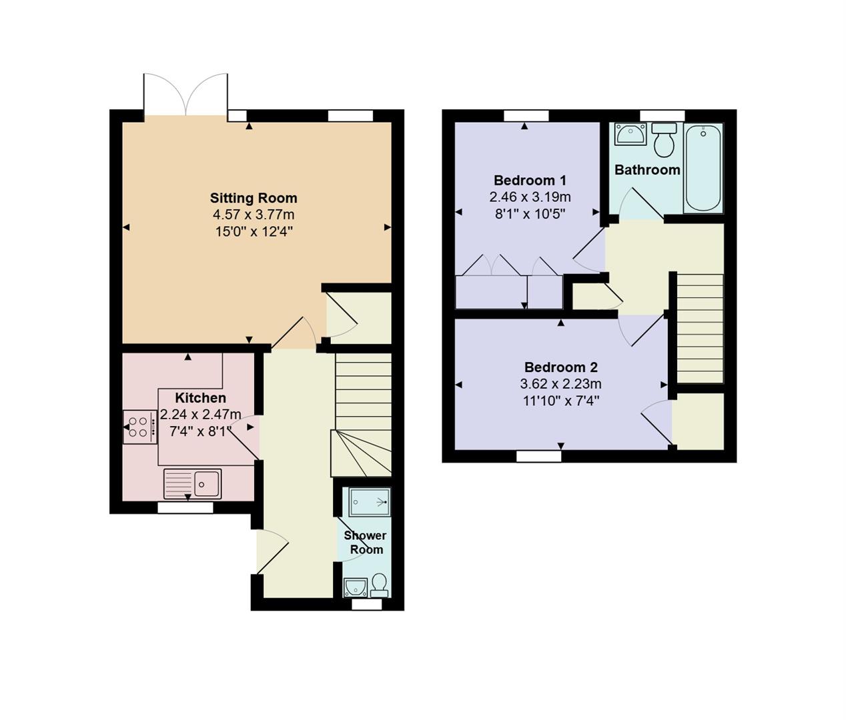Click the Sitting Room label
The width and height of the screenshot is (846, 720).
click(254, 198)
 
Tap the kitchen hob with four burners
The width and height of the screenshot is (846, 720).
click(139, 427)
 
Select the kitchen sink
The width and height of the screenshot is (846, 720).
click(193, 483)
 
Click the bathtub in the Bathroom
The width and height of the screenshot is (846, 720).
click(703, 167)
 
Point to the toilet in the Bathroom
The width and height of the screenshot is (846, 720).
click(664, 139)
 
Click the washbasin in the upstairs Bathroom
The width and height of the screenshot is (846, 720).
click(629, 134)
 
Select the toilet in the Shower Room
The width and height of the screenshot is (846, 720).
click(380, 585)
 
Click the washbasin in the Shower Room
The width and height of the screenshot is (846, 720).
click(355, 587)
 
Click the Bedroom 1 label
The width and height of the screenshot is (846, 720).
click(530, 180)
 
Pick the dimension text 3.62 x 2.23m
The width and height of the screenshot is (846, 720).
click(560, 384)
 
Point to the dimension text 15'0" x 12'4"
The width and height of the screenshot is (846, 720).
click(254, 232)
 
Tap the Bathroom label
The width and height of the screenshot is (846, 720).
click(647, 170)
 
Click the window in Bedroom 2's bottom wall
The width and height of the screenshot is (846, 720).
click(538, 456)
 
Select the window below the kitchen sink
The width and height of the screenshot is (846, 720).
click(185, 508)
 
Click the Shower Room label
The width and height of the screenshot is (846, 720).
click(366, 543)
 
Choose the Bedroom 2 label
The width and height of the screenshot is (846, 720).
click(560, 367)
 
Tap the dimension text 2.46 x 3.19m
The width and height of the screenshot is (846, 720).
click(530, 197)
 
